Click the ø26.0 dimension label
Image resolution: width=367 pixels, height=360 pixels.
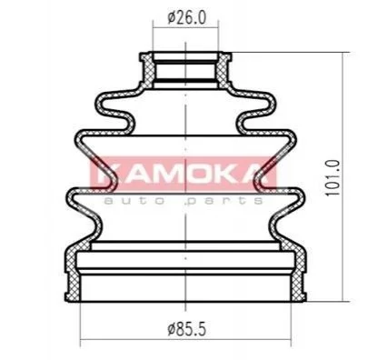click(x=186, y=18)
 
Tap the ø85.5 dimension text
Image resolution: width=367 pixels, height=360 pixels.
click(x=186, y=329)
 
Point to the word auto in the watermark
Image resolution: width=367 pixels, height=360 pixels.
click(x=134, y=201)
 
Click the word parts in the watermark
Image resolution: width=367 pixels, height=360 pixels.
click(x=224, y=201)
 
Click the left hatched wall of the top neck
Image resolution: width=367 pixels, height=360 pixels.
click(x=148, y=70)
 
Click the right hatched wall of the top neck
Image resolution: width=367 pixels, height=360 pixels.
click(x=223, y=70)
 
